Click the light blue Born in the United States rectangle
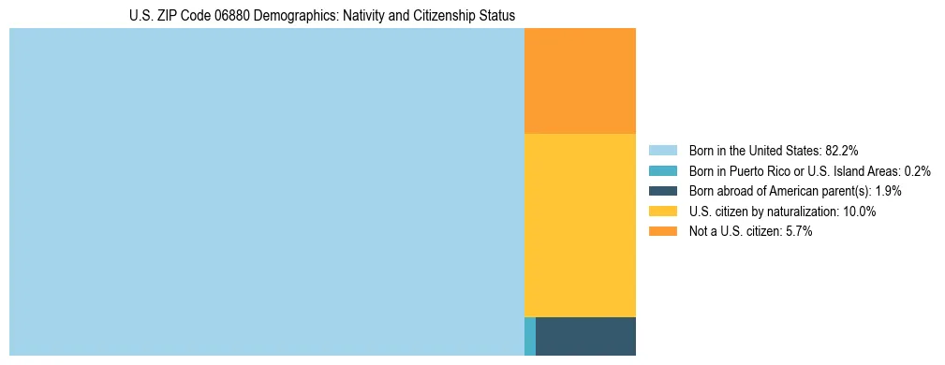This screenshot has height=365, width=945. (x=266, y=192)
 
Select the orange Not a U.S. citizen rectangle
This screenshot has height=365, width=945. (x=580, y=81)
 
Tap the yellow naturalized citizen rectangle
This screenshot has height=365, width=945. (x=580, y=226)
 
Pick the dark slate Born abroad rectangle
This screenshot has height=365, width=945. (x=585, y=336)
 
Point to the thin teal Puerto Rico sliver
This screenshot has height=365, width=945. (x=530, y=336)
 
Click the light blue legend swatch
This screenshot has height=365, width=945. (x=662, y=150)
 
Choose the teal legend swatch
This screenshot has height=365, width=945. (x=662, y=170)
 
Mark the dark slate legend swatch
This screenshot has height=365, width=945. (x=662, y=191)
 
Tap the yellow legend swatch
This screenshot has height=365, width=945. (x=662, y=212)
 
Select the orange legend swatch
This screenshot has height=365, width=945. (x=662, y=232)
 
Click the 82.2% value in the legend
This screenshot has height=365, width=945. (x=842, y=150)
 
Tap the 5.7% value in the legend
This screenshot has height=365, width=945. (x=797, y=232)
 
